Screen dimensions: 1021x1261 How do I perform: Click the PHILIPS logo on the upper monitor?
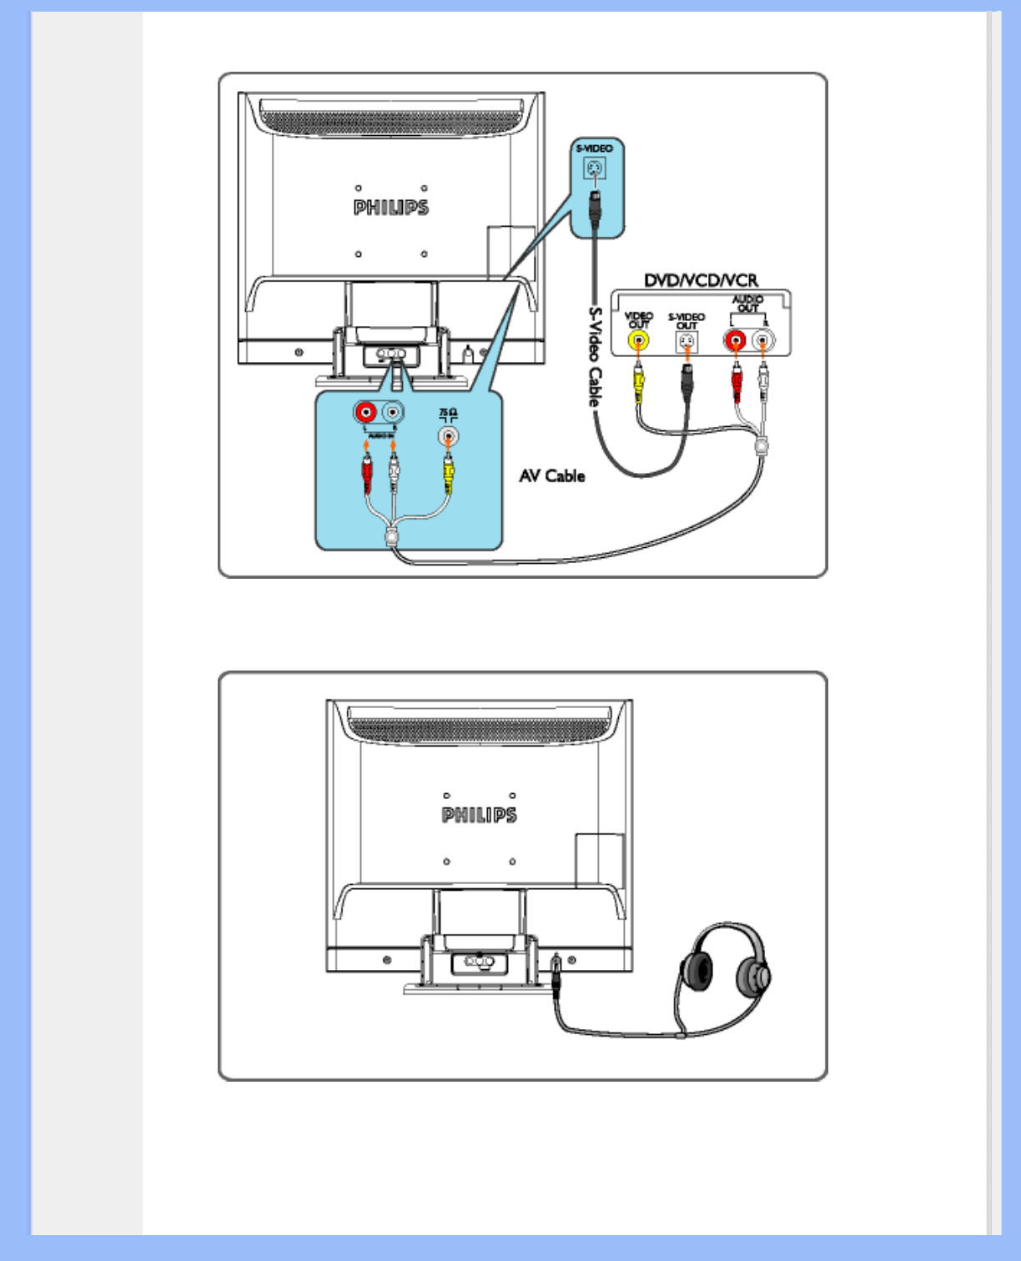click(x=390, y=208)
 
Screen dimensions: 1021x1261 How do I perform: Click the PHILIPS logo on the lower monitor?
click(x=479, y=815)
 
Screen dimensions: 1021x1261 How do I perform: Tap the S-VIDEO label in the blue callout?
click(x=594, y=148)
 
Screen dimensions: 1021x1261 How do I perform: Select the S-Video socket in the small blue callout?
click(x=594, y=169)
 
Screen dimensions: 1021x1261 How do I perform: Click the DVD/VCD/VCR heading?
click(x=701, y=280)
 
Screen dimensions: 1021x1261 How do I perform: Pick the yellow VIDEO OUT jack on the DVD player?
click(x=638, y=341)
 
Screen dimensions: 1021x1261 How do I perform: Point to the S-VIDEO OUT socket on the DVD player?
click(x=687, y=342)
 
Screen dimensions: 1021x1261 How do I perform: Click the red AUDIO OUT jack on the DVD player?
click(x=736, y=340)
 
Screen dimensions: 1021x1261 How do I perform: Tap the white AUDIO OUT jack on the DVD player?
click(x=762, y=340)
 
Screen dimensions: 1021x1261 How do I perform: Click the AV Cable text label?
click(x=552, y=475)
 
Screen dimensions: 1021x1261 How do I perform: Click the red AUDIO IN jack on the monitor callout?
click(x=365, y=412)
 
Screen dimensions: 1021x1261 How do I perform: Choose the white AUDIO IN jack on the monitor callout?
click(x=392, y=412)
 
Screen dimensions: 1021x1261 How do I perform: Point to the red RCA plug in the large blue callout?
click(x=366, y=475)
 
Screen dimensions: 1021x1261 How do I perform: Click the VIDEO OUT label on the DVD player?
click(x=638, y=319)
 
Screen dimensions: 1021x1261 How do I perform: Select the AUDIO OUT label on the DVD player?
click(x=747, y=304)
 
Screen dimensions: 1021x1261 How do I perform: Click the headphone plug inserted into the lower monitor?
click(x=556, y=972)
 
